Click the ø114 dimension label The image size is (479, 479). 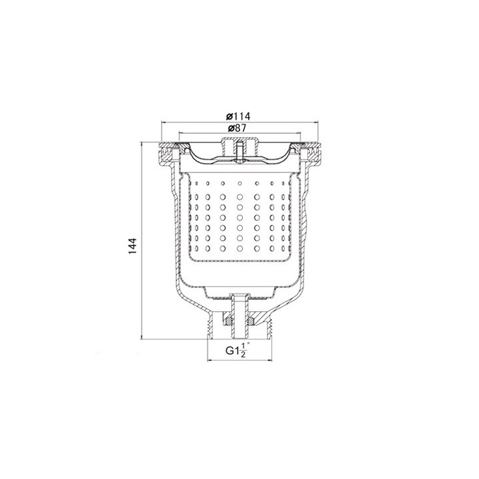238,116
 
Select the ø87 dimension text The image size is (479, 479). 237,128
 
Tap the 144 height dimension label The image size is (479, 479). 132,246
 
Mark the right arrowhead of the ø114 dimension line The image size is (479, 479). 315,122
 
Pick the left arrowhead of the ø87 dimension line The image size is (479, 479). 181,133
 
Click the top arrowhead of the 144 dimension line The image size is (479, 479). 141,144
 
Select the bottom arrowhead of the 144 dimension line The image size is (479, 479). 141,337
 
